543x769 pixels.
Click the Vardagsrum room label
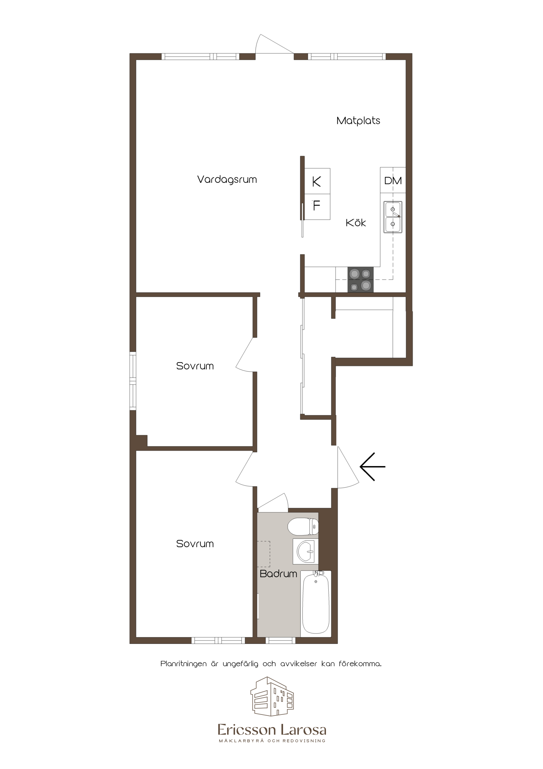(x=227, y=180)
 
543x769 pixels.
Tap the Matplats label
(x=358, y=121)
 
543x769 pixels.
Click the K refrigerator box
(x=317, y=181)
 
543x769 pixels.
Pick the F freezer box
(x=317, y=207)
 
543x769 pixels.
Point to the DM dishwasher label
(x=393, y=181)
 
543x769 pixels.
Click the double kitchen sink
(x=393, y=217)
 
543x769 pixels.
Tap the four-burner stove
(x=360, y=279)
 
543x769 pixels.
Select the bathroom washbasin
(x=305, y=551)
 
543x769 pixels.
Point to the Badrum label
(x=278, y=574)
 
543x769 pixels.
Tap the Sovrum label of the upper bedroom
(x=195, y=366)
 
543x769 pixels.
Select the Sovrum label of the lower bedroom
(x=195, y=544)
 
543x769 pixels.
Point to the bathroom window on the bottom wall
(x=280, y=640)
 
